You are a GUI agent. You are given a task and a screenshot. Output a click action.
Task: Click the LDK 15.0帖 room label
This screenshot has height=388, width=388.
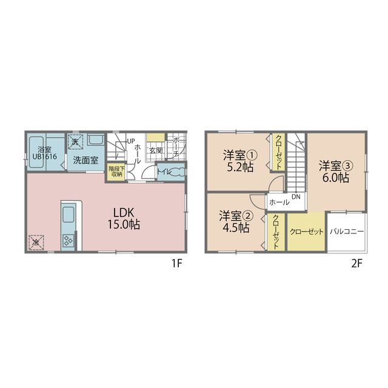click(124, 218)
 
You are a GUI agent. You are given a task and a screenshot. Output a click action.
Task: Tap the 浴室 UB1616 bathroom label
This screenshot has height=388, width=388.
click(44, 153)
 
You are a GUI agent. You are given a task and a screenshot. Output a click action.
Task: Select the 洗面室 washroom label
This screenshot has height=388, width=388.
click(85, 160)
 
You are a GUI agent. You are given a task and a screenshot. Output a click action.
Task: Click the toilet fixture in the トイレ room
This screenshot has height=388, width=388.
click(178, 172)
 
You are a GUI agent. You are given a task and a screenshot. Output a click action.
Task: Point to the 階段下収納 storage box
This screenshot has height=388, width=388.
click(116, 171)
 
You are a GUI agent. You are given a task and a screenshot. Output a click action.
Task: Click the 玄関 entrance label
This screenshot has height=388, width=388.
click(156, 151)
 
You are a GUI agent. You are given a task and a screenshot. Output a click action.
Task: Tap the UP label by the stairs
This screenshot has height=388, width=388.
click(131, 141)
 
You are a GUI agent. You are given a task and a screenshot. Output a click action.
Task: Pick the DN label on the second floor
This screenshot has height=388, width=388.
click(296, 196)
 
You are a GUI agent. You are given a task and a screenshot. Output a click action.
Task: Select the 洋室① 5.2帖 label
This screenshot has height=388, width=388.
click(240, 161)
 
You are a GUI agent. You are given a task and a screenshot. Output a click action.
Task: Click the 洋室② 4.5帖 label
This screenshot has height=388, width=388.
click(236, 221)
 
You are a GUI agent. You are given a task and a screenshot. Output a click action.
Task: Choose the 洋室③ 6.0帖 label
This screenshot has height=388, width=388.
click(336, 172)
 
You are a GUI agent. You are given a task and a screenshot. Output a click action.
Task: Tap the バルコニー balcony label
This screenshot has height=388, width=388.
click(347, 232)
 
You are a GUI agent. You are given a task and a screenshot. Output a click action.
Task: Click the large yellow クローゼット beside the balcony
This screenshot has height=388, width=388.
click(306, 232)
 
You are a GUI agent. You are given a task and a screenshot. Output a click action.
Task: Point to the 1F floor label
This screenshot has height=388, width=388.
click(177, 264)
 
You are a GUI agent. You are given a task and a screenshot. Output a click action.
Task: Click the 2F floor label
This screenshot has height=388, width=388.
click(357, 264)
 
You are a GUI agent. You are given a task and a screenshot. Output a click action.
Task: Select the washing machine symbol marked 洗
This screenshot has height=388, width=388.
click(76, 142)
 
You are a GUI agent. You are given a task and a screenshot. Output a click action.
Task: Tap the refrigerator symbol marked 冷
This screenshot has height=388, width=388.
click(36, 242)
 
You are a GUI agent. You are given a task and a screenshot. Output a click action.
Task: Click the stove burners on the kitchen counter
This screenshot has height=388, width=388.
click(69, 240)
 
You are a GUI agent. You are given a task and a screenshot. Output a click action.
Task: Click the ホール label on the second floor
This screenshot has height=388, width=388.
click(279, 202)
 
